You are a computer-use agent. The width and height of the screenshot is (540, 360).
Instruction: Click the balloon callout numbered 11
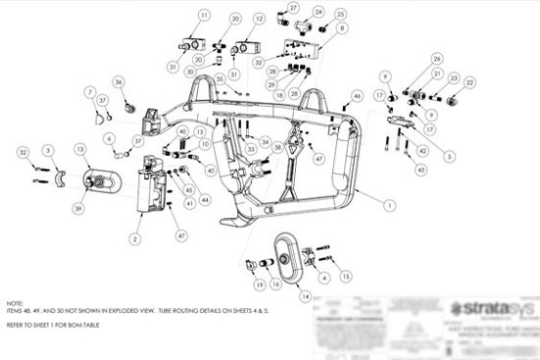coord(204,17)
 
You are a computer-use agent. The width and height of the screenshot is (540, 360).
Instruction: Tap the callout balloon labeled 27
coord(293,8)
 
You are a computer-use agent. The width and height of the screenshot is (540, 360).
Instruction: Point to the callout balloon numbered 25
coord(340,16)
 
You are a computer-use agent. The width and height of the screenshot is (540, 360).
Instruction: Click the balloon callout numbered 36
coord(119,81)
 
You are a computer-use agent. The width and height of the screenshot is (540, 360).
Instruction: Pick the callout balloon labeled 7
coord(89,93)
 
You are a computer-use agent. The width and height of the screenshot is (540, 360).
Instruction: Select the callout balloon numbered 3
coord(47,150)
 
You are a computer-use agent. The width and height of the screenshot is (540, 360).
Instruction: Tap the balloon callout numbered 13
coord(80,148)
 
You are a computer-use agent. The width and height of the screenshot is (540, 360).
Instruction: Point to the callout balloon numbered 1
coord(390,205)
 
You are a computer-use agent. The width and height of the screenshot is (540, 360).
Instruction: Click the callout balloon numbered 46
coord(357,95)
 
